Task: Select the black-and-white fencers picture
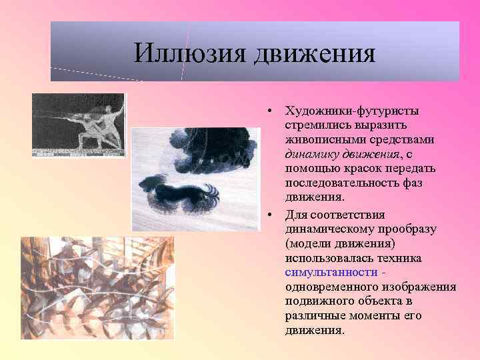pyautogui.click(x=78, y=125)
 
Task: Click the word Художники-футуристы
pyautogui.click(x=351, y=111)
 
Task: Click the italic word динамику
pyautogui.click(x=312, y=154)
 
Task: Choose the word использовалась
pyautogui.click(x=326, y=258)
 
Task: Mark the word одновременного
pyautogui.click(x=326, y=287)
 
